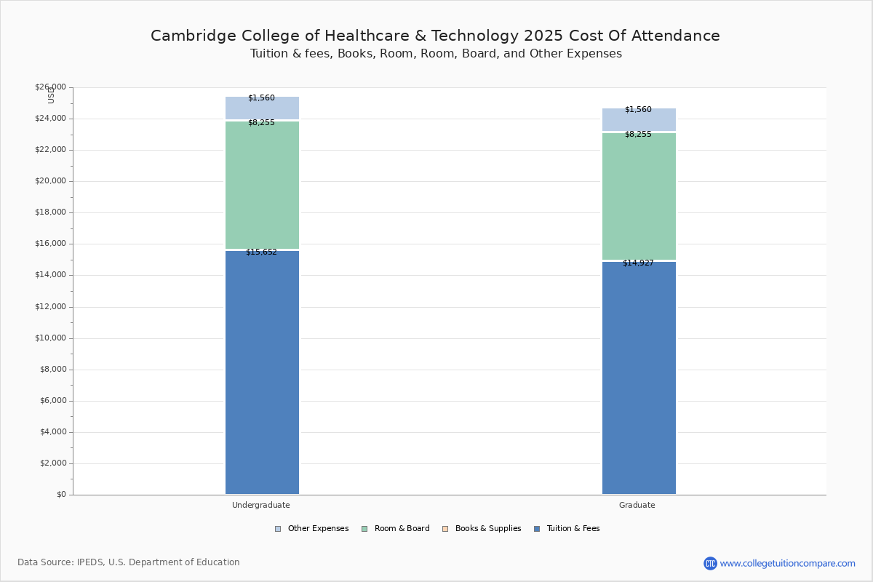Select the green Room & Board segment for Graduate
[639, 196]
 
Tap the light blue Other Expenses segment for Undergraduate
[262, 109]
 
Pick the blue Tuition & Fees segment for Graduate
[639, 378]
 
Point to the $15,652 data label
[261, 252]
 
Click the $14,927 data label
[638, 263]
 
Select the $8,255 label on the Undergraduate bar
[261, 123]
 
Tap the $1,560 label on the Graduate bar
[638, 110]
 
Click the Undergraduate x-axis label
[260, 505]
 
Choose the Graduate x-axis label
[637, 505]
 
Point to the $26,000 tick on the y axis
[50, 87]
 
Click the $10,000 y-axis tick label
[50, 338]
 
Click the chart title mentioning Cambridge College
[435, 36]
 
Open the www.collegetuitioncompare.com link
[787, 563]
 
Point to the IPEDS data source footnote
[129, 562]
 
